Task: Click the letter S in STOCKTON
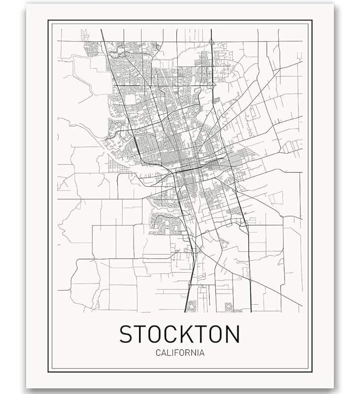pos(127,334)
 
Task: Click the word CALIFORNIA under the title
pos(180,353)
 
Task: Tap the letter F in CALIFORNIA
pos(176,353)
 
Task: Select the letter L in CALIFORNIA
pos(168,353)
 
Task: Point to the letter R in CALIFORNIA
pos(188,353)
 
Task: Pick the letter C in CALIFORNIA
pos(157,353)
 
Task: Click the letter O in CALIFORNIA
pos(182,353)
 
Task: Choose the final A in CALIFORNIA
pos(202,353)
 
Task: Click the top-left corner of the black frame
pos(49,20)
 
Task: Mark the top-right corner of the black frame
pos(312,20)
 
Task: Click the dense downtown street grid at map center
pos(190,167)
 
